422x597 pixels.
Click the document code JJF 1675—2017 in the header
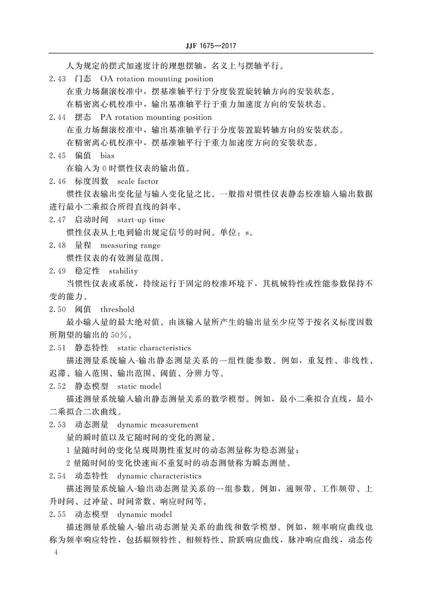tap(211, 46)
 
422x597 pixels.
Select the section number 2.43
tap(57, 79)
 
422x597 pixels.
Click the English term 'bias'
tap(107, 156)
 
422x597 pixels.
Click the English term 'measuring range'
tap(130, 245)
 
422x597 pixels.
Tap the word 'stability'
tap(123, 271)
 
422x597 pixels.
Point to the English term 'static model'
tap(139, 386)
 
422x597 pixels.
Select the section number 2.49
tap(57, 271)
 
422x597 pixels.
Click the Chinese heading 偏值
tap(83, 156)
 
